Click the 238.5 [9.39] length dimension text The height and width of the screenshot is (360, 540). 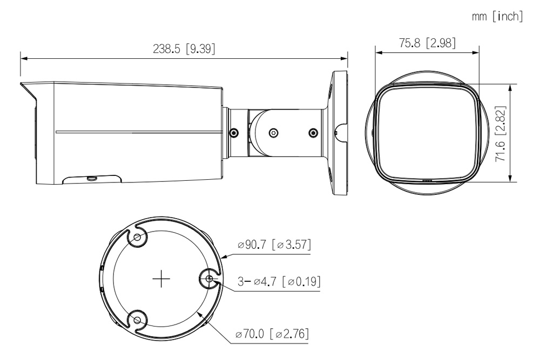pos(184,49)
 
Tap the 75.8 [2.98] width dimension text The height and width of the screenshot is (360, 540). pos(427,43)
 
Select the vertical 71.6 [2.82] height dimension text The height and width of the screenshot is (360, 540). pos(500,133)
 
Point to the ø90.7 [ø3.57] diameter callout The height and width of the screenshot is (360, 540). pos(274,244)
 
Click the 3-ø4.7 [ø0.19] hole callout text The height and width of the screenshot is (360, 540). pos(279,281)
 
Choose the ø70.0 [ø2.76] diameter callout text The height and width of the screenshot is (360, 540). pos(272,334)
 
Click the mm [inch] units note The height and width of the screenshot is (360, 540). pos(497,16)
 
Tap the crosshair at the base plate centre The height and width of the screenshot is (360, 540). pos(161,279)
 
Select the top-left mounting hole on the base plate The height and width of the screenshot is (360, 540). pos(137,237)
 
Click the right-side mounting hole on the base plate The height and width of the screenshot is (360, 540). pos(209,279)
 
